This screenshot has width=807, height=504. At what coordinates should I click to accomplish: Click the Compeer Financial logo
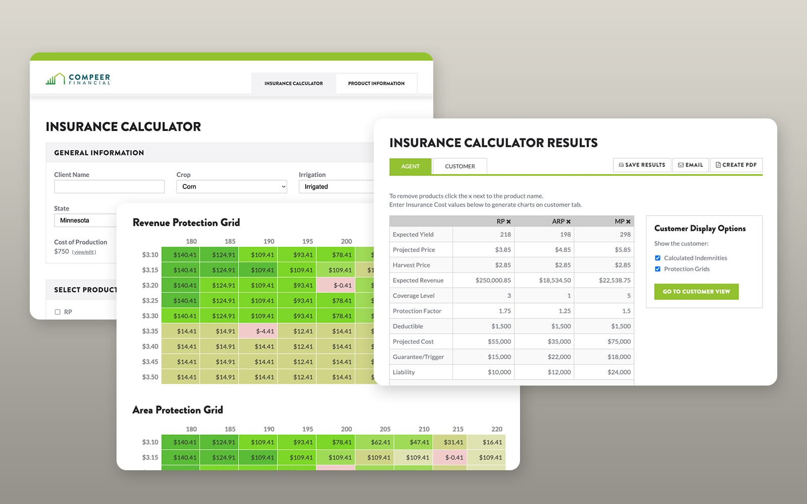pyautogui.click(x=78, y=79)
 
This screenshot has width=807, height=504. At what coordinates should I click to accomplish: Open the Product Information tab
pyautogui.click(x=376, y=83)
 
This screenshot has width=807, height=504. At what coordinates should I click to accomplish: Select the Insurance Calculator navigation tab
pyautogui.click(x=294, y=83)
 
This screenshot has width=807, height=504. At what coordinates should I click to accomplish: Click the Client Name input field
pyautogui.click(x=109, y=186)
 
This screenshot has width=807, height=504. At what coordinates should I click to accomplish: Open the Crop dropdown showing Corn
pyautogui.click(x=232, y=186)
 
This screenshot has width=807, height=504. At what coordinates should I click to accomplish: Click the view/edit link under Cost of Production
pyautogui.click(x=84, y=252)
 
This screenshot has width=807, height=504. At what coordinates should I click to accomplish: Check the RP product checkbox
pyautogui.click(x=57, y=312)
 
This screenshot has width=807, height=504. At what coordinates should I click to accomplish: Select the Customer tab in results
pyautogui.click(x=459, y=166)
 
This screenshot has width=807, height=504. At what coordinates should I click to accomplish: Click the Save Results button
pyautogui.click(x=642, y=165)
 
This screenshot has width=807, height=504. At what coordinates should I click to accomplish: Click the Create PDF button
pyautogui.click(x=736, y=165)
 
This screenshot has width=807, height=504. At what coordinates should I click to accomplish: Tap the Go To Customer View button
pyautogui.click(x=697, y=292)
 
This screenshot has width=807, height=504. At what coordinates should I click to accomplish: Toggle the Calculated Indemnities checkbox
pyautogui.click(x=658, y=258)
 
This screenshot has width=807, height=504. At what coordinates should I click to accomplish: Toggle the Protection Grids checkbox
pyautogui.click(x=658, y=269)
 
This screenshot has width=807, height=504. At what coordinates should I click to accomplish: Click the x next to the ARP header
pyautogui.click(x=568, y=222)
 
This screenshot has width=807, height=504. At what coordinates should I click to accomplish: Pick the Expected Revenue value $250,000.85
pyautogui.click(x=493, y=280)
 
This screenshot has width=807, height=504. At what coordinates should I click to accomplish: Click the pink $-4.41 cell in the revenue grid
pyautogui.click(x=258, y=331)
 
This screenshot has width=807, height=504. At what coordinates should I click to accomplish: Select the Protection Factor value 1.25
pyautogui.click(x=564, y=310)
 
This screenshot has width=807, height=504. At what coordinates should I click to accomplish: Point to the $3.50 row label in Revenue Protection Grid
pyautogui.click(x=150, y=377)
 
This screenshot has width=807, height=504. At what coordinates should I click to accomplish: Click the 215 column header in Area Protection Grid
pyautogui.click(x=458, y=429)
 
